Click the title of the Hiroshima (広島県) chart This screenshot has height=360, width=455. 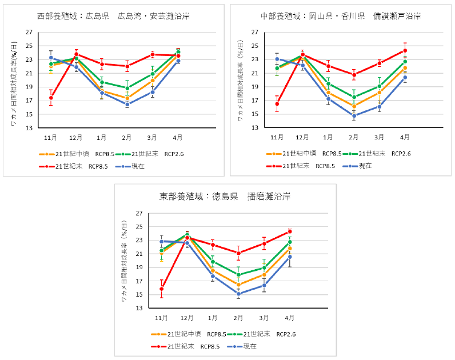click(113, 16)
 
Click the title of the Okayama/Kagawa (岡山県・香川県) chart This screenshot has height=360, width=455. click(341, 16)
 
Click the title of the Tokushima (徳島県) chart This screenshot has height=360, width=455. click(225, 197)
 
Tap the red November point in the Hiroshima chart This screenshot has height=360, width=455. click(51, 98)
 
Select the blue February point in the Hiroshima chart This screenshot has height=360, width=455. click(127, 105)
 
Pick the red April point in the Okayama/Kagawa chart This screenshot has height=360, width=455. click(405, 50)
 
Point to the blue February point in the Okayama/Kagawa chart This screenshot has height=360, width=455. click(354, 116)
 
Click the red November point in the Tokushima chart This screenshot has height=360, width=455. click(162, 289)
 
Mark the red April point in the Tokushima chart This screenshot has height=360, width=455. click(290, 231)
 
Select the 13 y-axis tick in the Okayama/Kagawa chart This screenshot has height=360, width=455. click(256, 128)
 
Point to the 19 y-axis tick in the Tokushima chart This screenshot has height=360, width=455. click(138, 267)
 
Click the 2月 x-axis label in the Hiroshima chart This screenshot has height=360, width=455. click(127, 137)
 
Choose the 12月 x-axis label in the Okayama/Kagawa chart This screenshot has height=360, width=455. click(302, 137)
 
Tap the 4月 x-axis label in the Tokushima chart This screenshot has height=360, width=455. click(290, 317)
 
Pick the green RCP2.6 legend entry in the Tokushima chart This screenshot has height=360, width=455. click(262, 334)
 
